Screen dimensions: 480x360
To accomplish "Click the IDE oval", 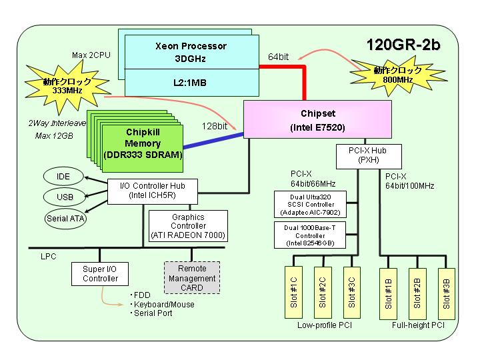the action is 63,176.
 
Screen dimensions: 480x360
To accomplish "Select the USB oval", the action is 64,197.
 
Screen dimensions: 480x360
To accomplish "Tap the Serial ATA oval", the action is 65,218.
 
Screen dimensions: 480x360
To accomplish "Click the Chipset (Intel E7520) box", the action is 317,120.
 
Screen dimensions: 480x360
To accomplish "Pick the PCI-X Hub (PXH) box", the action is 369,157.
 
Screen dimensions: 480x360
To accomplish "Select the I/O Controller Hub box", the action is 153,191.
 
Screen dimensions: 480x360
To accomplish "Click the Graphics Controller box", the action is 188,226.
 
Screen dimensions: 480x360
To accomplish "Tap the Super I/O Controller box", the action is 100,274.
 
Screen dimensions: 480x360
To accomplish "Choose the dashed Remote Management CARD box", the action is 192,277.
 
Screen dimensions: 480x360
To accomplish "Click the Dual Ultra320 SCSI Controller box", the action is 310,205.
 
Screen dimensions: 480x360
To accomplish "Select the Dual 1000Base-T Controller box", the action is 310,235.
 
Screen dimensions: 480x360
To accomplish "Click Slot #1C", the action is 293,293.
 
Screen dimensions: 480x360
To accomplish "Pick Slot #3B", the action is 447,293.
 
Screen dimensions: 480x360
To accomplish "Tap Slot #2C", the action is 323,293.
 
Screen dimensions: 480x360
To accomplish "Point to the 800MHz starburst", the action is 398,75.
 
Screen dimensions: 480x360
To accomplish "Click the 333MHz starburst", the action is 67,86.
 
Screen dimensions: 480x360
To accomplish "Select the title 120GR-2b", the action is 403,45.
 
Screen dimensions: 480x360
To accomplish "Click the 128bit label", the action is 215,126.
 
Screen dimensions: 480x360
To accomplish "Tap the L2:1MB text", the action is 190,83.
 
